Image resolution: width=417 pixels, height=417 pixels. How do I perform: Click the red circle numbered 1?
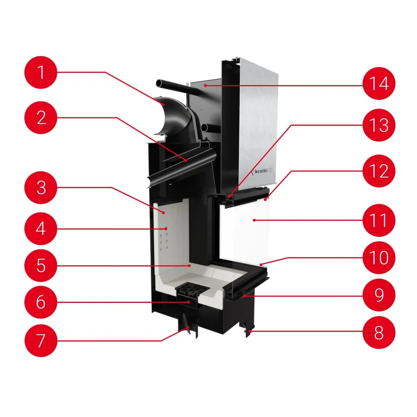(41, 72)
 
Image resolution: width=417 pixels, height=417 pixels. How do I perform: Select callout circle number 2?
(41, 118)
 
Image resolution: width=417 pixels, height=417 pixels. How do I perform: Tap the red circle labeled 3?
(41, 188)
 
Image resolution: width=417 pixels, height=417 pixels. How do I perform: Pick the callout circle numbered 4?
(41, 228)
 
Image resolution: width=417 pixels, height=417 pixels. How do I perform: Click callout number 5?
(41, 265)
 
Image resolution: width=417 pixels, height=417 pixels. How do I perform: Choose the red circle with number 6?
(41, 302)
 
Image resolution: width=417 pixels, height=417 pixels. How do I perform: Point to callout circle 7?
(41, 340)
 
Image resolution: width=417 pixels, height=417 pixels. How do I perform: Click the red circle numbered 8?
(379, 332)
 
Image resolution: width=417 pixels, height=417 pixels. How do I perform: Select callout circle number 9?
(379, 295)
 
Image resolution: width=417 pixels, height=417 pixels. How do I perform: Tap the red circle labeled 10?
(379, 257)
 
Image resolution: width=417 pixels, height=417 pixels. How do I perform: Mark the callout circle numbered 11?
(379, 220)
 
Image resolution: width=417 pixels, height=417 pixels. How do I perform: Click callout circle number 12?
(379, 171)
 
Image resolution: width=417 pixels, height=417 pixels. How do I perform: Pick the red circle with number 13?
(379, 125)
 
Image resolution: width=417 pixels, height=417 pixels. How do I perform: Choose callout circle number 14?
(379, 83)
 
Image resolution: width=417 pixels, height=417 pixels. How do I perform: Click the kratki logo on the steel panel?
(262, 171)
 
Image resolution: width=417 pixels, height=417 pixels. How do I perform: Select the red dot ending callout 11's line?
(254, 220)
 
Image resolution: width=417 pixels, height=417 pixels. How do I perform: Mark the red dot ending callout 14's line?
(205, 85)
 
